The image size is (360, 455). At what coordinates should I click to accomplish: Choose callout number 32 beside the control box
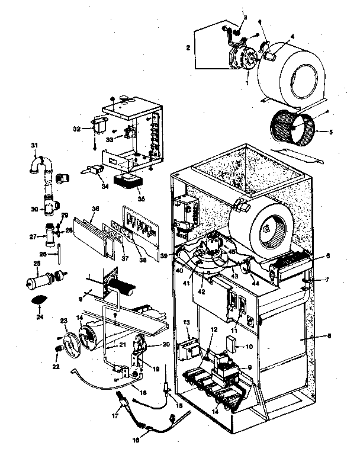[76, 128]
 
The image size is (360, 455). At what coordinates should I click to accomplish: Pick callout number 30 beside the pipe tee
[34, 209]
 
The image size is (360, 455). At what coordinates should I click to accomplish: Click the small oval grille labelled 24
[37, 300]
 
